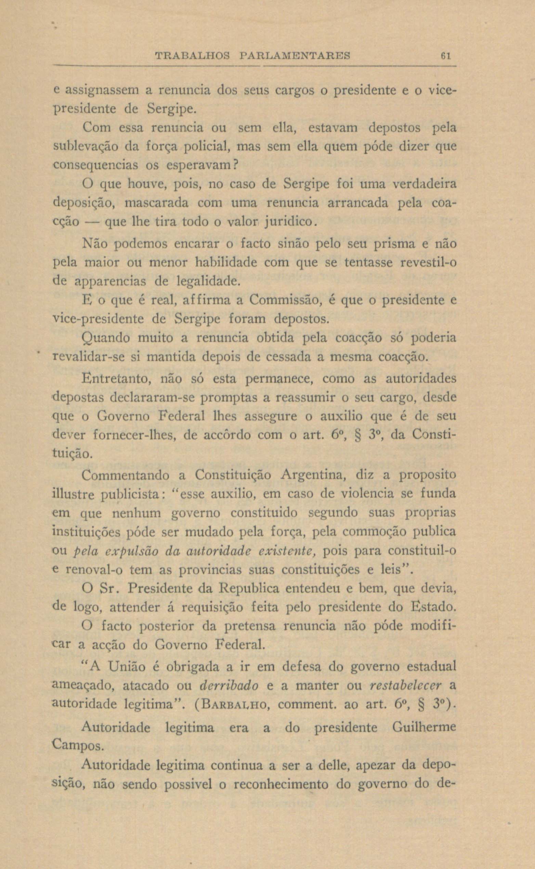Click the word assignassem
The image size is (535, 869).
point(97,91)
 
